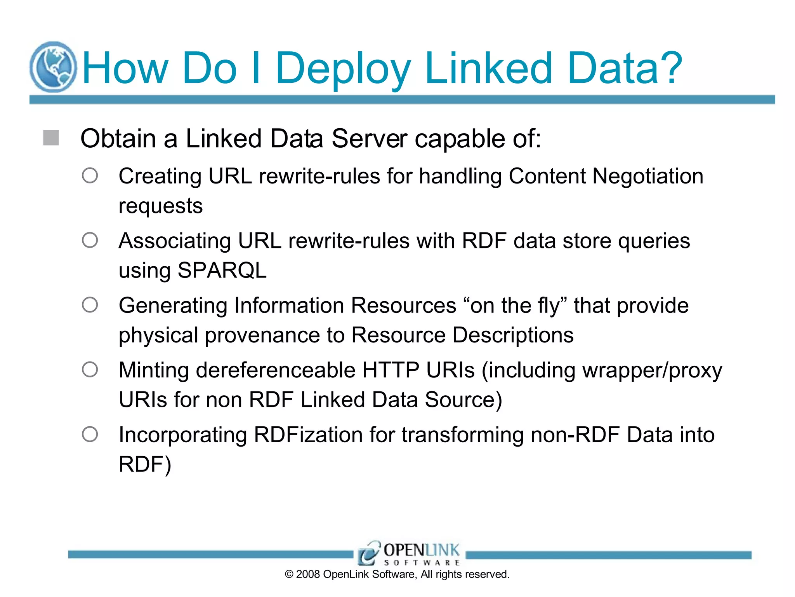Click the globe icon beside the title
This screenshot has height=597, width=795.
tap(53, 67)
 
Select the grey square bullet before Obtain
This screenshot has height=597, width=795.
tap(51, 138)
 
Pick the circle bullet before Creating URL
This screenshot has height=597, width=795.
tap(90, 176)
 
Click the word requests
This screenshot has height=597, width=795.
tap(161, 206)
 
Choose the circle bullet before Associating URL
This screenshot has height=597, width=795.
tap(90, 240)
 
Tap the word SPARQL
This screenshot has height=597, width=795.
tap(222, 270)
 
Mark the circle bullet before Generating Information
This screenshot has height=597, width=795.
tap(90, 305)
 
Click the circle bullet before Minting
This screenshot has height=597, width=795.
tap(90, 369)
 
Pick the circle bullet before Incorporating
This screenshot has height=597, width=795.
tap(90, 434)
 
